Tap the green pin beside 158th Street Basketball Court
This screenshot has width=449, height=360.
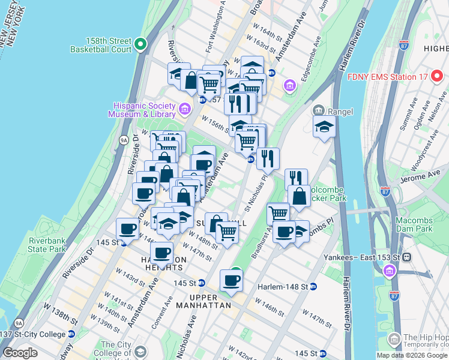tap(140, 44)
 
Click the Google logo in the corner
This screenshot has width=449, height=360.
tap(20, 353)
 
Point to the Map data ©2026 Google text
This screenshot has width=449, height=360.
tap(412, 355)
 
